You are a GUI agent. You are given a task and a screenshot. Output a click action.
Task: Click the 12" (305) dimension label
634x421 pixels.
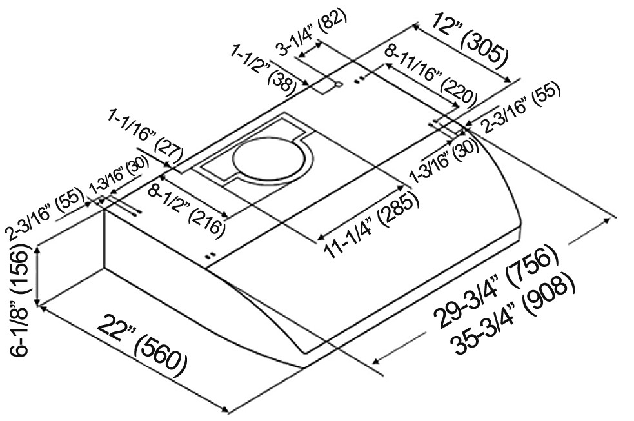pyautogui.click(x=469, y=39)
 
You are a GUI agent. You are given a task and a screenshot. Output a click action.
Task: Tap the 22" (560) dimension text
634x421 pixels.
pyautogui.click(x=142, y=345)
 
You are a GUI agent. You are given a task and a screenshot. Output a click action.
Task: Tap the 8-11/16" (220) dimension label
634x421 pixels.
pyautogui.click(x=431, y=74)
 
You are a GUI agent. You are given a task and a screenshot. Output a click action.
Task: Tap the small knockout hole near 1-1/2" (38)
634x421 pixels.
pyautogui.click(x=338, y=84)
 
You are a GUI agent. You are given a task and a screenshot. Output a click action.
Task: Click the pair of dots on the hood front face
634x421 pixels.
pyautogui.click(x=211, y=255)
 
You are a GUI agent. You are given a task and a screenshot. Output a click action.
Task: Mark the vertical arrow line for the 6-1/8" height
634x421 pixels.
pyautogui.click(x=37, y=278)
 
